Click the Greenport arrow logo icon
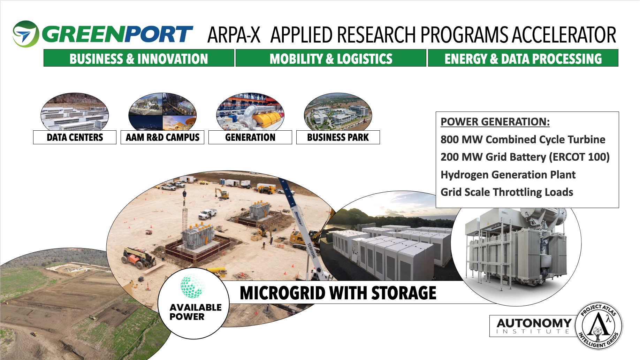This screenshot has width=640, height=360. pos(25,34)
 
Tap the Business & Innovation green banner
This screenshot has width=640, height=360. pos(139,58)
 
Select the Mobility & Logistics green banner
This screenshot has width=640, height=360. pos(331,58)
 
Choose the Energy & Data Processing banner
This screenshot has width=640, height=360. pos(523,58)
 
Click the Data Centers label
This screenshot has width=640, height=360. pos(75,137)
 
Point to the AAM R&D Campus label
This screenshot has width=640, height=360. pos(162,137)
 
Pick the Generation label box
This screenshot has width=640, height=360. pos(250,137)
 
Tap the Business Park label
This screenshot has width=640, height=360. pos(338,137)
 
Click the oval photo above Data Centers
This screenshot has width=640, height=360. pos(75,112)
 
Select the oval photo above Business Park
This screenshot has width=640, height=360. pos(338,112)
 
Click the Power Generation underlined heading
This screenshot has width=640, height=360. pos(495,122)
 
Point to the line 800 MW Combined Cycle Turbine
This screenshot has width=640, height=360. pos(523,139)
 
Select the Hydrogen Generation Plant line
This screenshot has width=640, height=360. pos(508,175)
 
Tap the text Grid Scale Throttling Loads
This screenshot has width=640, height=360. pos(507,192)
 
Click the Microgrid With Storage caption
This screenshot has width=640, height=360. pos(338,293)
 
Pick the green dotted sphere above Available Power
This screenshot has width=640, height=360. pos(192,286)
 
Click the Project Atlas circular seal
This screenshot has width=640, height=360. pos(599,326)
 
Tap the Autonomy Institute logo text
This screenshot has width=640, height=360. pos(534,326)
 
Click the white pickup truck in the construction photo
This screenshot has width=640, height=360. pos(208,213)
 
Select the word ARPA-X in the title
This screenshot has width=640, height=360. pos(234,35)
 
